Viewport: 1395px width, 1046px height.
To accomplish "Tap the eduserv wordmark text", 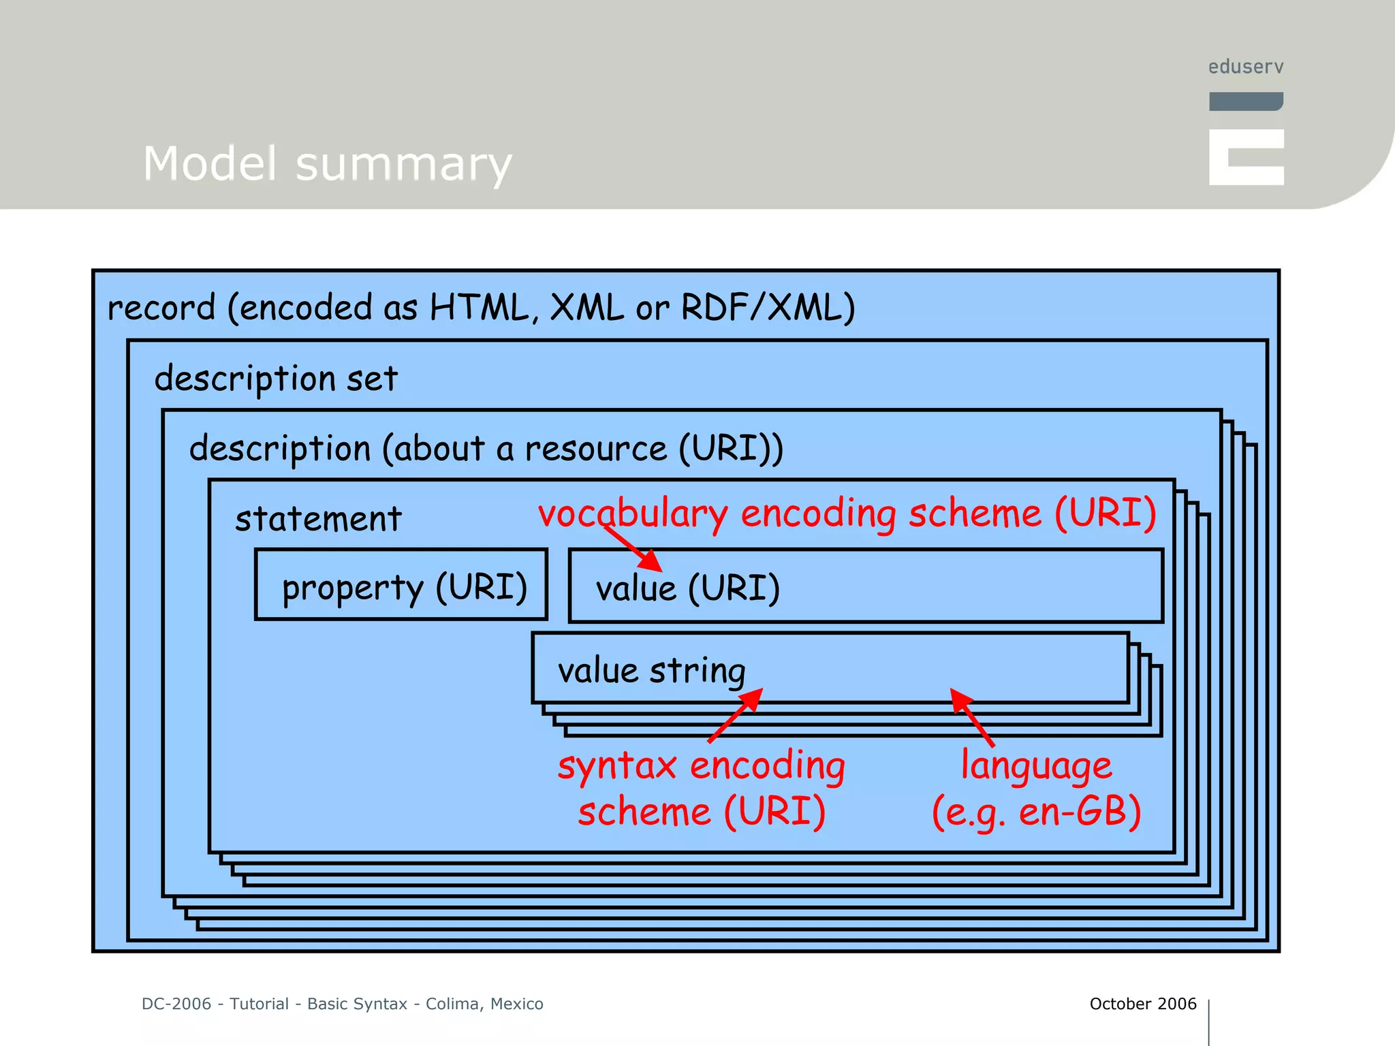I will tap(1246, 67).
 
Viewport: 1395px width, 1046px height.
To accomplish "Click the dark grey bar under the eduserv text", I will tap(1246, 101).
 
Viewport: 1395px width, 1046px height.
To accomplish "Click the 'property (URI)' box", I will tap(401, 585).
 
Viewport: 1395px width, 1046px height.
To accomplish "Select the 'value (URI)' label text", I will tap(687, 588).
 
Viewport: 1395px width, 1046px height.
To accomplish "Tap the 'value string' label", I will tap(651, 670).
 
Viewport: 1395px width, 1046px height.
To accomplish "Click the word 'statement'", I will tap(318, 519).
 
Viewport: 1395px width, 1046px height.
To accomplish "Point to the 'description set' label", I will tap(276, 378).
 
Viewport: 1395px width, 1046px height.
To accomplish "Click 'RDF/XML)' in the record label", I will tap(768, 307).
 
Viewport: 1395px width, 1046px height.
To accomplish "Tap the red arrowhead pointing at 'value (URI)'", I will tap(651, 560).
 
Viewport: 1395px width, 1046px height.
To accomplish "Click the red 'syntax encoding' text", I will tap(701, 765).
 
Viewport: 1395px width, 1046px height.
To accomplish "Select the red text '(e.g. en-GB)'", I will tap(1035, 812).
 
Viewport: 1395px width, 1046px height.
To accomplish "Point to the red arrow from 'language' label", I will tap(973, 718).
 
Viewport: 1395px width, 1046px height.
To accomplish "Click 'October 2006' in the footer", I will tap(1142, 1004).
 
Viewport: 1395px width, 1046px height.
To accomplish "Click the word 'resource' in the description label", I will tap(595, 449).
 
